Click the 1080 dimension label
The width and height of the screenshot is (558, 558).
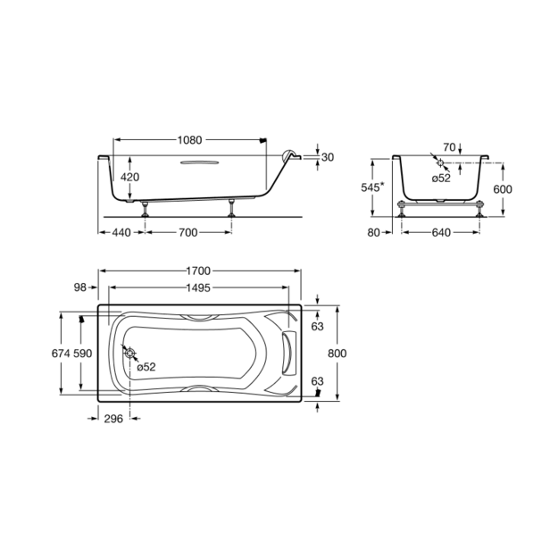click(189, 140)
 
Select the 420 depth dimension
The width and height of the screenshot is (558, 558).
click(129, 177)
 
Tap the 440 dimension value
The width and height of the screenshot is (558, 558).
click(121, 232)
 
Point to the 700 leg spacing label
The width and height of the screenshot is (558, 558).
click(187, 232)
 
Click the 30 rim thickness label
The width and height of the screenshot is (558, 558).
click(328, 157)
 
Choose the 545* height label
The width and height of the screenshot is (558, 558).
click(373, 187)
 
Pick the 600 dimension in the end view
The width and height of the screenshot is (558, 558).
click(503, 189)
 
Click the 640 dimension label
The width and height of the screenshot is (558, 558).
click(441, 232)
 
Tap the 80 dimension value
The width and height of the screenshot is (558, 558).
click(374, 232)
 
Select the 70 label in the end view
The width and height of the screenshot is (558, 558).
click(449, 147)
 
